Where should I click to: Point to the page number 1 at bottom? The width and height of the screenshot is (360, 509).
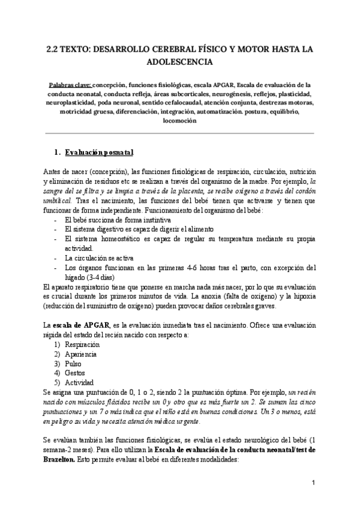tap(313, 483)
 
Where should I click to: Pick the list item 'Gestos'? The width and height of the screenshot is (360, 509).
tap(76, 373)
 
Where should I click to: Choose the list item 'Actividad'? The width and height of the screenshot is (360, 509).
tap(79, 382)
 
